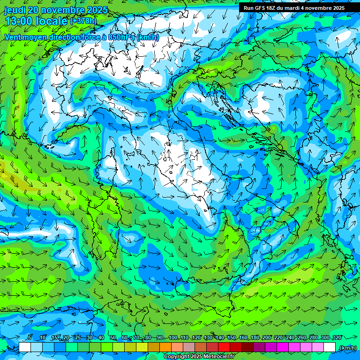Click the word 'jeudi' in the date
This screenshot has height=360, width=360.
(14, 10)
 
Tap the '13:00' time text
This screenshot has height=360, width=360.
(18, 21)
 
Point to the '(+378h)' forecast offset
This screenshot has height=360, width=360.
(84, 21)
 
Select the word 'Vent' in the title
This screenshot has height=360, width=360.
(14, 37)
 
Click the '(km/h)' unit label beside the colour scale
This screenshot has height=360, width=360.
(347, 348)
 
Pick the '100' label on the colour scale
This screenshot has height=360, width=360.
(173, 338)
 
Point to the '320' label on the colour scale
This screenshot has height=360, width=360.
(337, 338)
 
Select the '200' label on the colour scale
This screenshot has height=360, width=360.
(267, 338)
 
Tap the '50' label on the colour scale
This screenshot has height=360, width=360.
(113, 338)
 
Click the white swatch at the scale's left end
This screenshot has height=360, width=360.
(25, 347)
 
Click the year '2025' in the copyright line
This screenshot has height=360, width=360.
(194, 357)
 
